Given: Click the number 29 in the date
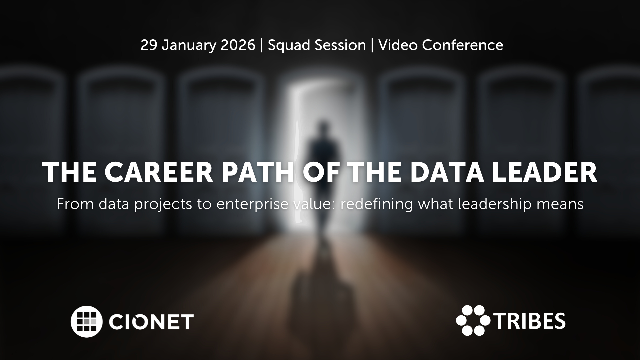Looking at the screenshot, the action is coord(149,45).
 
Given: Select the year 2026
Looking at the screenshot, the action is coord(238,45).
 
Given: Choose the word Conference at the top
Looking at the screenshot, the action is coord(463,45).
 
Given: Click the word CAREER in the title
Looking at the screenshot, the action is coord(159,172).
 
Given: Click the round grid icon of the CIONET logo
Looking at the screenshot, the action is coord(86,321).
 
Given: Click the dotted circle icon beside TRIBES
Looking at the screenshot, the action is coord(473,320).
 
